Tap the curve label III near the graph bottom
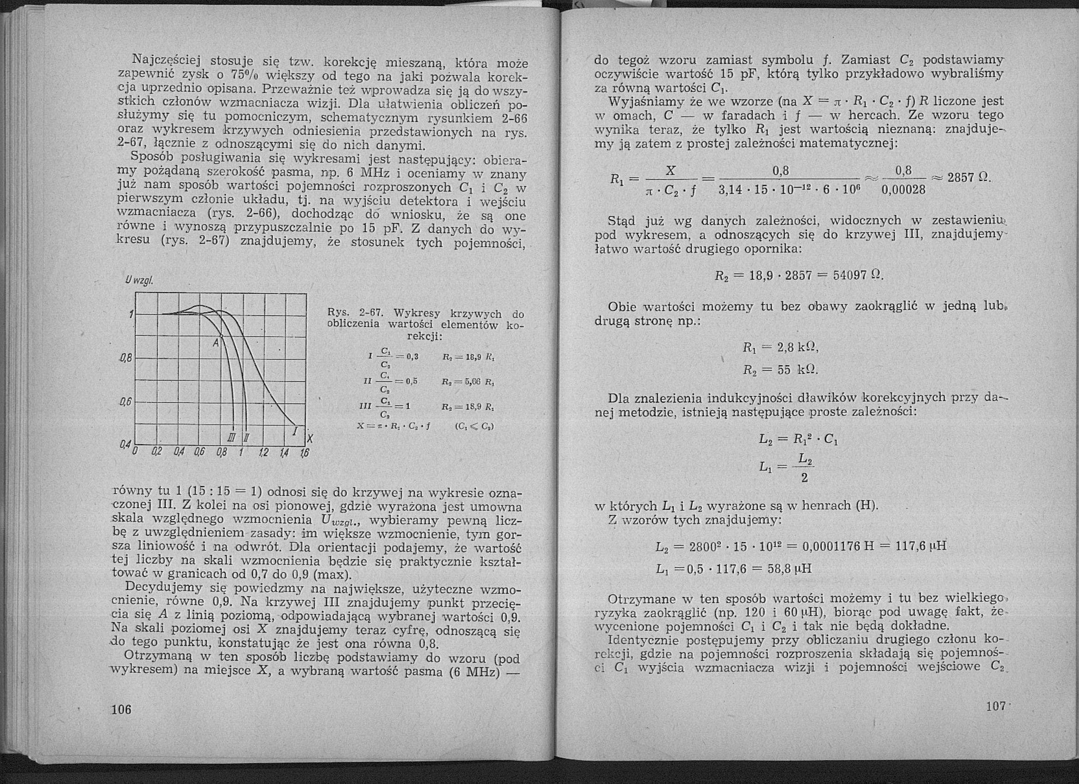232,437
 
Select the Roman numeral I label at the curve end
295,432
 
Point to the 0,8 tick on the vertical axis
126,357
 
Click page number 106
121,709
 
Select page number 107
995,706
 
